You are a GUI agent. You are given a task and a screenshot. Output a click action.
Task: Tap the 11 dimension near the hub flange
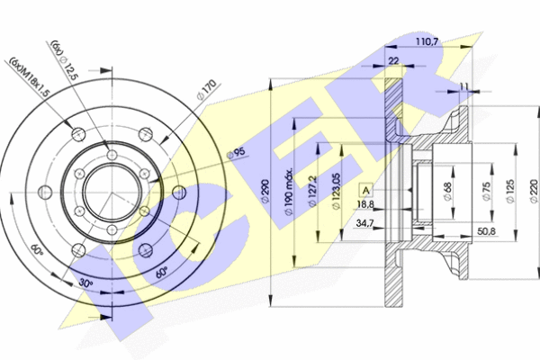[463, 86]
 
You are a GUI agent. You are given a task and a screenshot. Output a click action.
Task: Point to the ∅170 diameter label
[207, 90]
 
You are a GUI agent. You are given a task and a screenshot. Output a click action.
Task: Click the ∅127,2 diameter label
[310, 192]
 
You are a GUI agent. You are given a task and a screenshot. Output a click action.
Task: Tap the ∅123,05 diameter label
[335, 192]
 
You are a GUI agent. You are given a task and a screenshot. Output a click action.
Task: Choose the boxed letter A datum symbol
[366, 190]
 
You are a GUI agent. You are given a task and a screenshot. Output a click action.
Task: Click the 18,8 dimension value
[365, 205]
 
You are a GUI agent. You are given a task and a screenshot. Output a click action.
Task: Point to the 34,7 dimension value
[364, 221]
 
